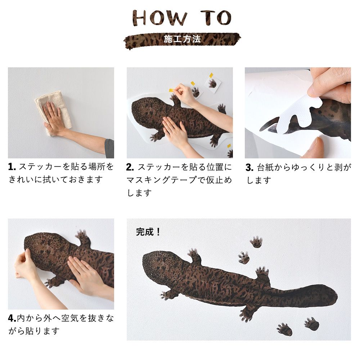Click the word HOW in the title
tap(159, 18)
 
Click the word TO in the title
tap(216, 18)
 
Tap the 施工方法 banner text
tap(182, 39)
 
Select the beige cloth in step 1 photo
tap(53, 112)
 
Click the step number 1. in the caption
tap(12, 167)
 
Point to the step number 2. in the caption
tap(130, 167)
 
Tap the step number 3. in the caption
tap(249, 168)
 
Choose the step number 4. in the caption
tap(12, 318)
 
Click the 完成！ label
tap(148, 232)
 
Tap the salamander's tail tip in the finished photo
tap(337, 295)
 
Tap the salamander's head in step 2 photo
tap(147, 108)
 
